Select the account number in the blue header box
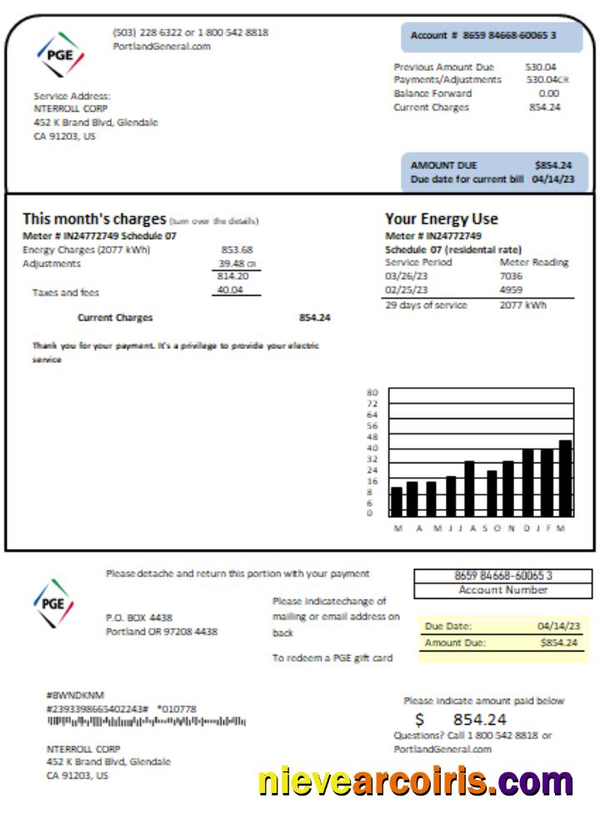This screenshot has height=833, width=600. [x=483, y=36]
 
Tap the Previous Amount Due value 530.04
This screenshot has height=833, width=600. [x=541, y=67]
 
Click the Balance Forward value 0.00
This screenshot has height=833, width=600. [x=548, y=93]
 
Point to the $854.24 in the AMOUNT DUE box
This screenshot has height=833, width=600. [x=553, y=165]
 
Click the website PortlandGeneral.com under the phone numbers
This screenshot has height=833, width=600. [x=162, y=47]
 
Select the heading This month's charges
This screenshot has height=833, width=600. [x=94, y=219]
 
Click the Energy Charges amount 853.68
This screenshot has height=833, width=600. [x=237, y=249]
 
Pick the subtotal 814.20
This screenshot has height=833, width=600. [x=232, y=276]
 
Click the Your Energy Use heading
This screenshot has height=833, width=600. [x=441, y=219]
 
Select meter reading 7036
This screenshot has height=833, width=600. [x=511, y=276]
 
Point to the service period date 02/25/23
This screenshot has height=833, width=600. [x=407, y=290]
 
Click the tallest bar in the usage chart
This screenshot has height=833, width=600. [x=565, y=478]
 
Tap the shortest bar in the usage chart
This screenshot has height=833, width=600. [x=397, y=501]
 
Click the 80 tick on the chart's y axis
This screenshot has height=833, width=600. [x=372, y=392]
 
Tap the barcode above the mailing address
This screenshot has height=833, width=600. [x=146, y=721]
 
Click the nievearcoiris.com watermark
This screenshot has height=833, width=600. [x=415, y=781]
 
